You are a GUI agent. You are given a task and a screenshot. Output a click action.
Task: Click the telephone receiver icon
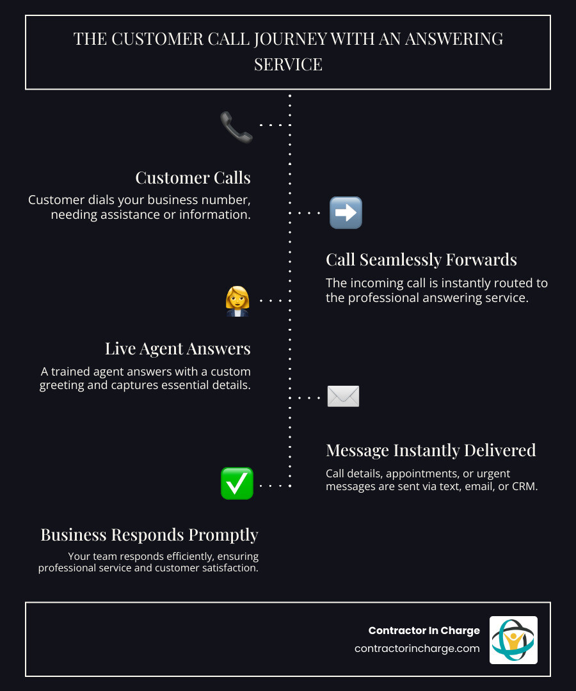236,127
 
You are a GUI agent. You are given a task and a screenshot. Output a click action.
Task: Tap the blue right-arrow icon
346,213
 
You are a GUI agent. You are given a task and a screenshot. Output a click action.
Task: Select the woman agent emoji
237,301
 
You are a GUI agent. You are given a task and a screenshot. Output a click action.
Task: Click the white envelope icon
343,397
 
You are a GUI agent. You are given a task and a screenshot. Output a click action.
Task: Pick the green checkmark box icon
237,484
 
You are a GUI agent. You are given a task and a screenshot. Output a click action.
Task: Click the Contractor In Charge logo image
513,640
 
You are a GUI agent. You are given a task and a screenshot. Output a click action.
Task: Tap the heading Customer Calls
193,177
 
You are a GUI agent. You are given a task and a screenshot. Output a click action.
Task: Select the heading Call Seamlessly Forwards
421,259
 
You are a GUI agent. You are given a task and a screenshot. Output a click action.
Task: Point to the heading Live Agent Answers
177,348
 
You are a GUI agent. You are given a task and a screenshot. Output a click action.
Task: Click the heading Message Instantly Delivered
431,450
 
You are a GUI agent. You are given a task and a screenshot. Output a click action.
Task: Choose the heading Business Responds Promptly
149,534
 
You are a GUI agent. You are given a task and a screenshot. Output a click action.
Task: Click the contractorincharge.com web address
417,648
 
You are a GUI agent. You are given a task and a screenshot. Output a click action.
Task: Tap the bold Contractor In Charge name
424,630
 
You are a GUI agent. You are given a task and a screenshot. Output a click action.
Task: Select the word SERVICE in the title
288,65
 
